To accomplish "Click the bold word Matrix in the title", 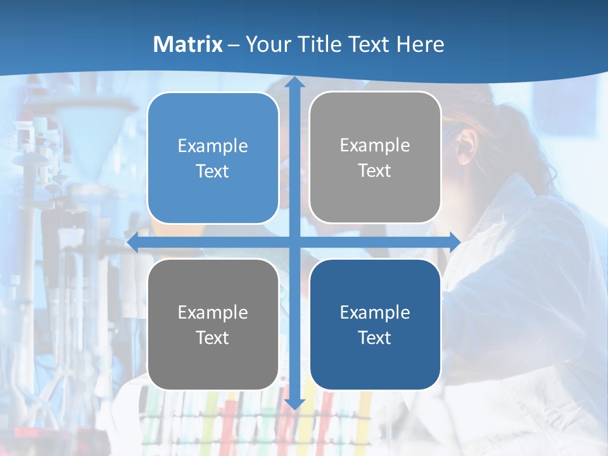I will click(188, 44).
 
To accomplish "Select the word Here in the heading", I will click(421, 44).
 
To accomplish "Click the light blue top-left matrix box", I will click(213, 158).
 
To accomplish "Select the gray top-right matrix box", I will click(375, 158).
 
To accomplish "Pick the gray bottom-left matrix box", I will click(213, 324).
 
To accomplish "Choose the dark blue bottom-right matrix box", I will click(375, 324).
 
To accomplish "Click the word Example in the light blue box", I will click(213, 146).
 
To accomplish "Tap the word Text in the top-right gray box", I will click(375, 171).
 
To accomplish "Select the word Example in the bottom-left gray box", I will click(213, 312).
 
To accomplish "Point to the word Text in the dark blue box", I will click(375, 338).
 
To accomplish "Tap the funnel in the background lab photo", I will click(89, 136).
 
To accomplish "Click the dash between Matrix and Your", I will click(234, 45).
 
